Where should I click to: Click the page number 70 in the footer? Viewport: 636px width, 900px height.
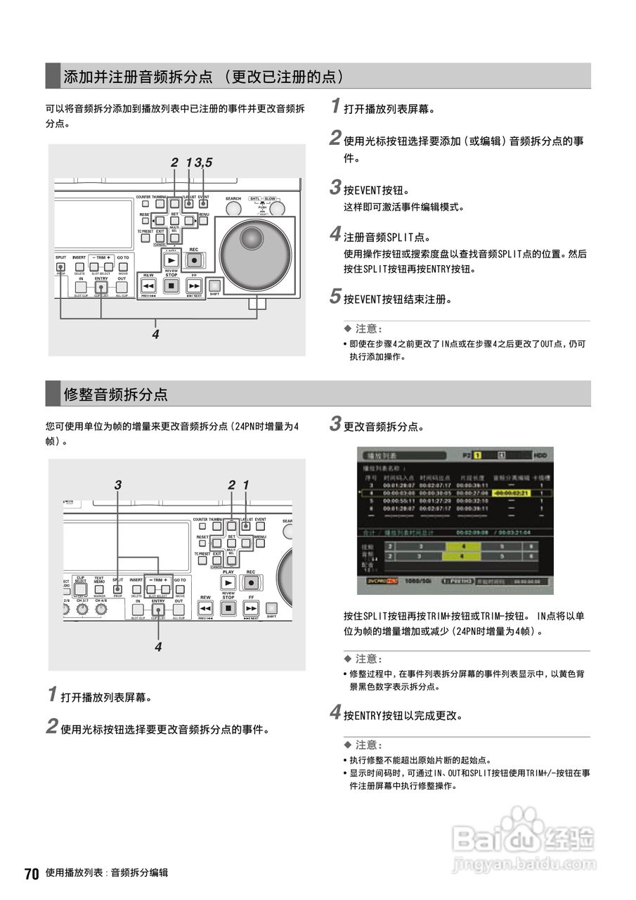(x=31, y=873)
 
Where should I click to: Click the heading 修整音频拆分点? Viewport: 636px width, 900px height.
(x=115, y=394)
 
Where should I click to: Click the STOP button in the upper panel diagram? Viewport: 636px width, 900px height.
(x=171, y=285)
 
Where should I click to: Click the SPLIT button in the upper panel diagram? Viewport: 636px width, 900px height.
(x=60, y=266)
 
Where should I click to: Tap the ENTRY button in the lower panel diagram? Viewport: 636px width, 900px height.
(x=157, y=610)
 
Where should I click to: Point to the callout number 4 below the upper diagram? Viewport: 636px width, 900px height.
(x=155, y=335)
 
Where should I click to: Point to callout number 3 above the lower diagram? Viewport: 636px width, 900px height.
(x=117, y=484)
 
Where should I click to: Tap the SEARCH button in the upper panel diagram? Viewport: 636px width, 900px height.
(x=233, y=207)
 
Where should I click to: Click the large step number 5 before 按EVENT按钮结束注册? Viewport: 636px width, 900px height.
(x=335, y=297)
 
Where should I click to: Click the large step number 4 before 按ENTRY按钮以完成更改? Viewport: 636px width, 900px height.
(x=335, y=714)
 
